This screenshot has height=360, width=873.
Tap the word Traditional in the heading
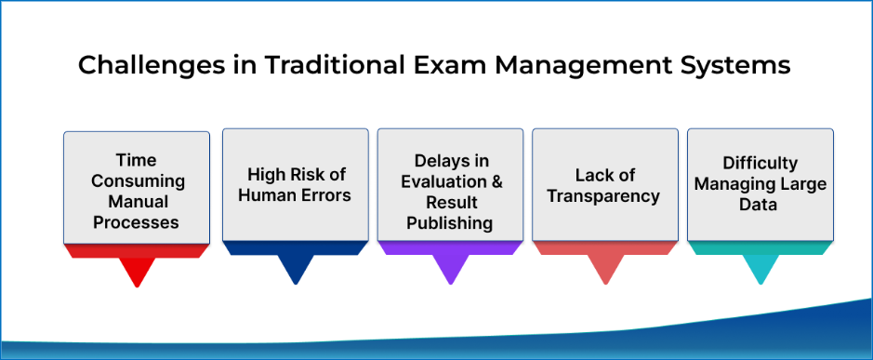(313, 66)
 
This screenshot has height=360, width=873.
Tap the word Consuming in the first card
(137, 180)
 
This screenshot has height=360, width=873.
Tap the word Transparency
(605, 195)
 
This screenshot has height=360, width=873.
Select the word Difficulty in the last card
(760, 164)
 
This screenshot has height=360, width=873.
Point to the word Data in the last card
(760, 205)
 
